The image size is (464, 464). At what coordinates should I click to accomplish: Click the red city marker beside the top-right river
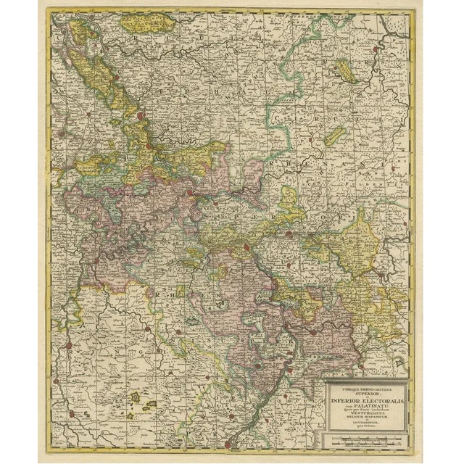coord(375,51)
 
